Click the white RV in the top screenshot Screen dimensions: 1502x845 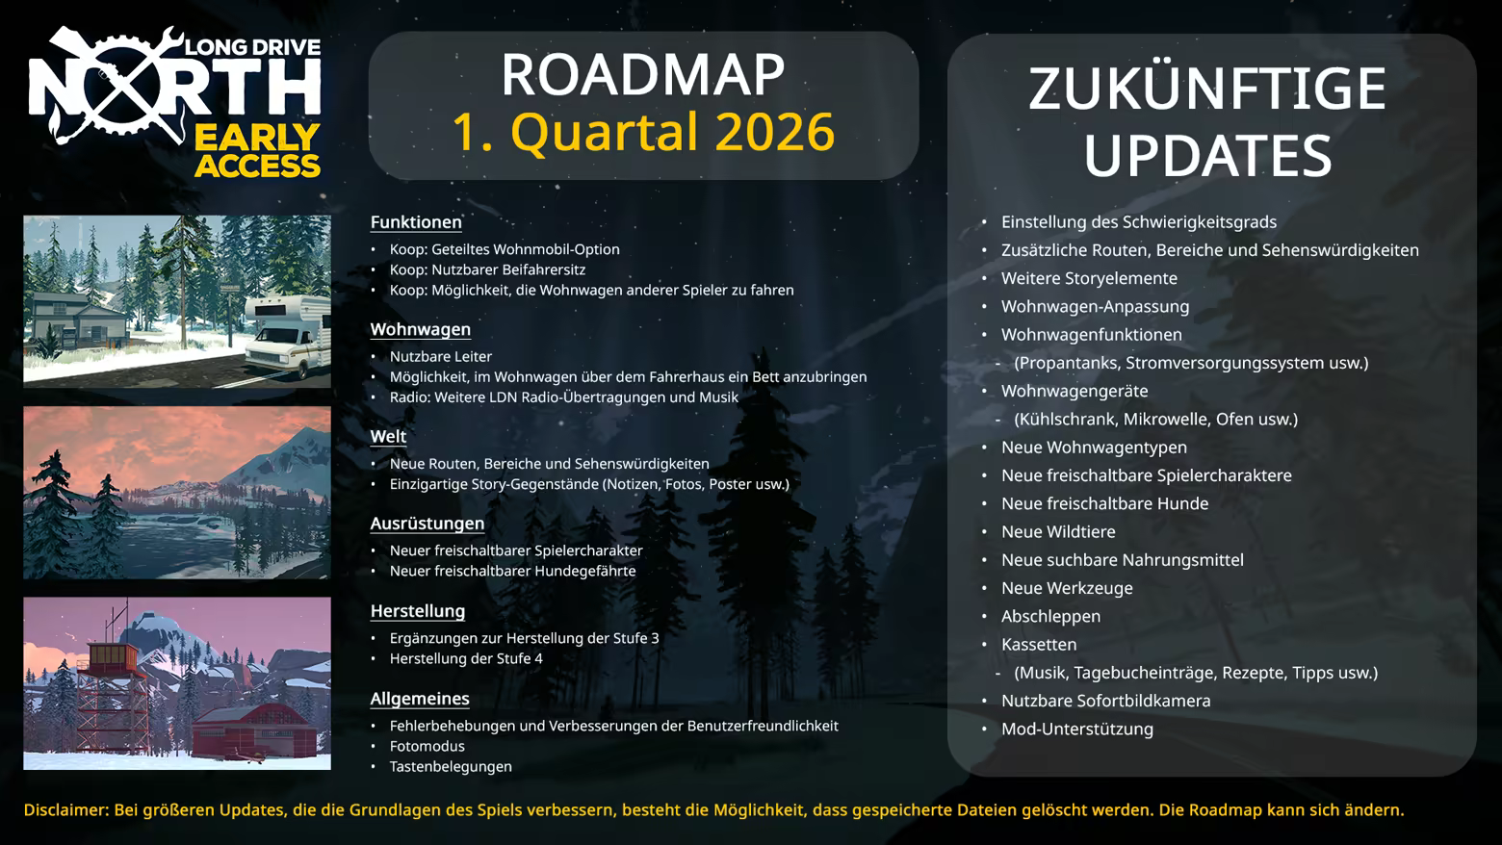(x=288, y=335)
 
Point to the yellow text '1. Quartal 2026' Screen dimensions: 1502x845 (x=644, y=131)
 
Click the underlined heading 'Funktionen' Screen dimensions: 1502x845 (x=416, y=222)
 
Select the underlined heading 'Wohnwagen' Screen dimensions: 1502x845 (x=421, y=330)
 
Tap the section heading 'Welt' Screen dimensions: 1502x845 (x=388, y=436)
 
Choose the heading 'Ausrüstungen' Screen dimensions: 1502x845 (x=427, y=524)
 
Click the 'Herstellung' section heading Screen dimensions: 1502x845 (x=418, y=611)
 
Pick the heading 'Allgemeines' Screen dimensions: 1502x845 (x=420, y=699)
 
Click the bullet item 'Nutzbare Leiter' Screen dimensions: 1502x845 (x=441, y=356)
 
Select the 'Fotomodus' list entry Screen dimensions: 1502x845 (x=427, y=746)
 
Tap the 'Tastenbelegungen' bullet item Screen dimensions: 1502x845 (x=451, y=767)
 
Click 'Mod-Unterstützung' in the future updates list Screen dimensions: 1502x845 (x=1076, y=730)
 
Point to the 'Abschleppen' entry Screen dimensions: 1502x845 (x=1050, y=617)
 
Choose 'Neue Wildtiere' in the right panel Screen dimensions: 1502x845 (x=1058, y=532)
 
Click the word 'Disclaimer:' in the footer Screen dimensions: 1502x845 (x=66, y=810)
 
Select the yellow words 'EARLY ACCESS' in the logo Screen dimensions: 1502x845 (x=257, y=151)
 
